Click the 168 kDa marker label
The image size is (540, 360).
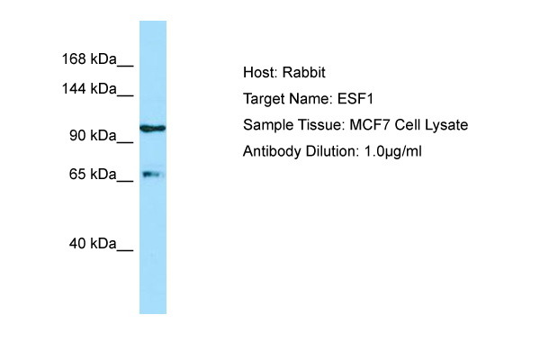point(88,59)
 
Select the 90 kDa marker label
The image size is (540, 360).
point(93,135)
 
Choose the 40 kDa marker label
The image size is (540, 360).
point(93,243)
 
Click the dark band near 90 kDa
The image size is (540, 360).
point(152,129)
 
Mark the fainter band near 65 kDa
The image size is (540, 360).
point(151,174)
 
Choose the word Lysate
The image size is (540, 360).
point(445,125)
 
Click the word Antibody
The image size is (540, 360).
point(272,151)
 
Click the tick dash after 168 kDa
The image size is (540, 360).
point(125,63)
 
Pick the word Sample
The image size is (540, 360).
point(266,125)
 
